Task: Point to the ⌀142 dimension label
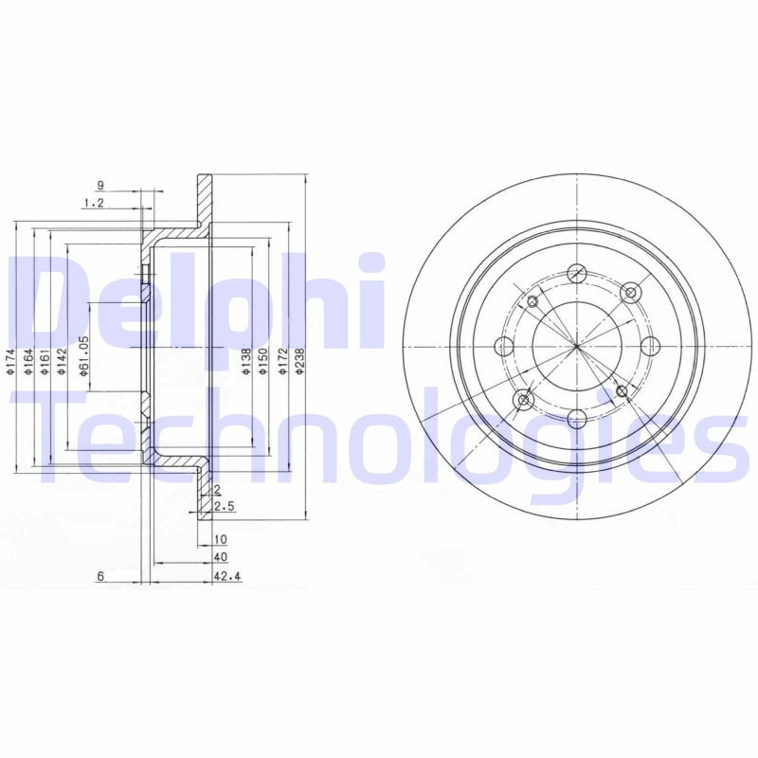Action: [x=61, y=364]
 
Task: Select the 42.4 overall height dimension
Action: [x=225, y=575]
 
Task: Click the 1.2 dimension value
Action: [x=93, y=203]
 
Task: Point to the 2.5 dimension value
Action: [x=225, y=508]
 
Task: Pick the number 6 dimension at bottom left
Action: [x=99, y=575]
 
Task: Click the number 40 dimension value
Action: [x=221, y=557]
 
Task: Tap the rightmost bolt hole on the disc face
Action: [x=650, y=347]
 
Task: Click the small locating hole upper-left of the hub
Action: [x=532, y=301]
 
